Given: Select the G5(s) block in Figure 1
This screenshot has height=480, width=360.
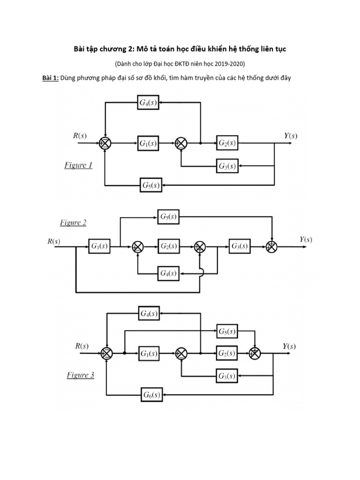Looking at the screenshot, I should point(151,185).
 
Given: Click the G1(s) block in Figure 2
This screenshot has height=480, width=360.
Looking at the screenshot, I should point(99,246).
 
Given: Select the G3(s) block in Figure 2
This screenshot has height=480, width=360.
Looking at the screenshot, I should point(240,246).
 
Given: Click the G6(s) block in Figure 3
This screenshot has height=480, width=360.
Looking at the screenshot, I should point(151,395).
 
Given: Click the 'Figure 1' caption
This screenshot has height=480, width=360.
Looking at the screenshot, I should point(78,165).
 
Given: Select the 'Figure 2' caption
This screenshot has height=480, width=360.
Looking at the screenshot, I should point(73,223).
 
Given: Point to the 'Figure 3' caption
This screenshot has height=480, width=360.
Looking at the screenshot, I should point(80,375).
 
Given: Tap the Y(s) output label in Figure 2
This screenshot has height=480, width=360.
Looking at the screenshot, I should point(306,240).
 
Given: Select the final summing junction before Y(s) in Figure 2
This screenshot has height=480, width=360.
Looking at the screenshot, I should point(271,246).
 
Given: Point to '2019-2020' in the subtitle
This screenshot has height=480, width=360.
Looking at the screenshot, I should point(230,63).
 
